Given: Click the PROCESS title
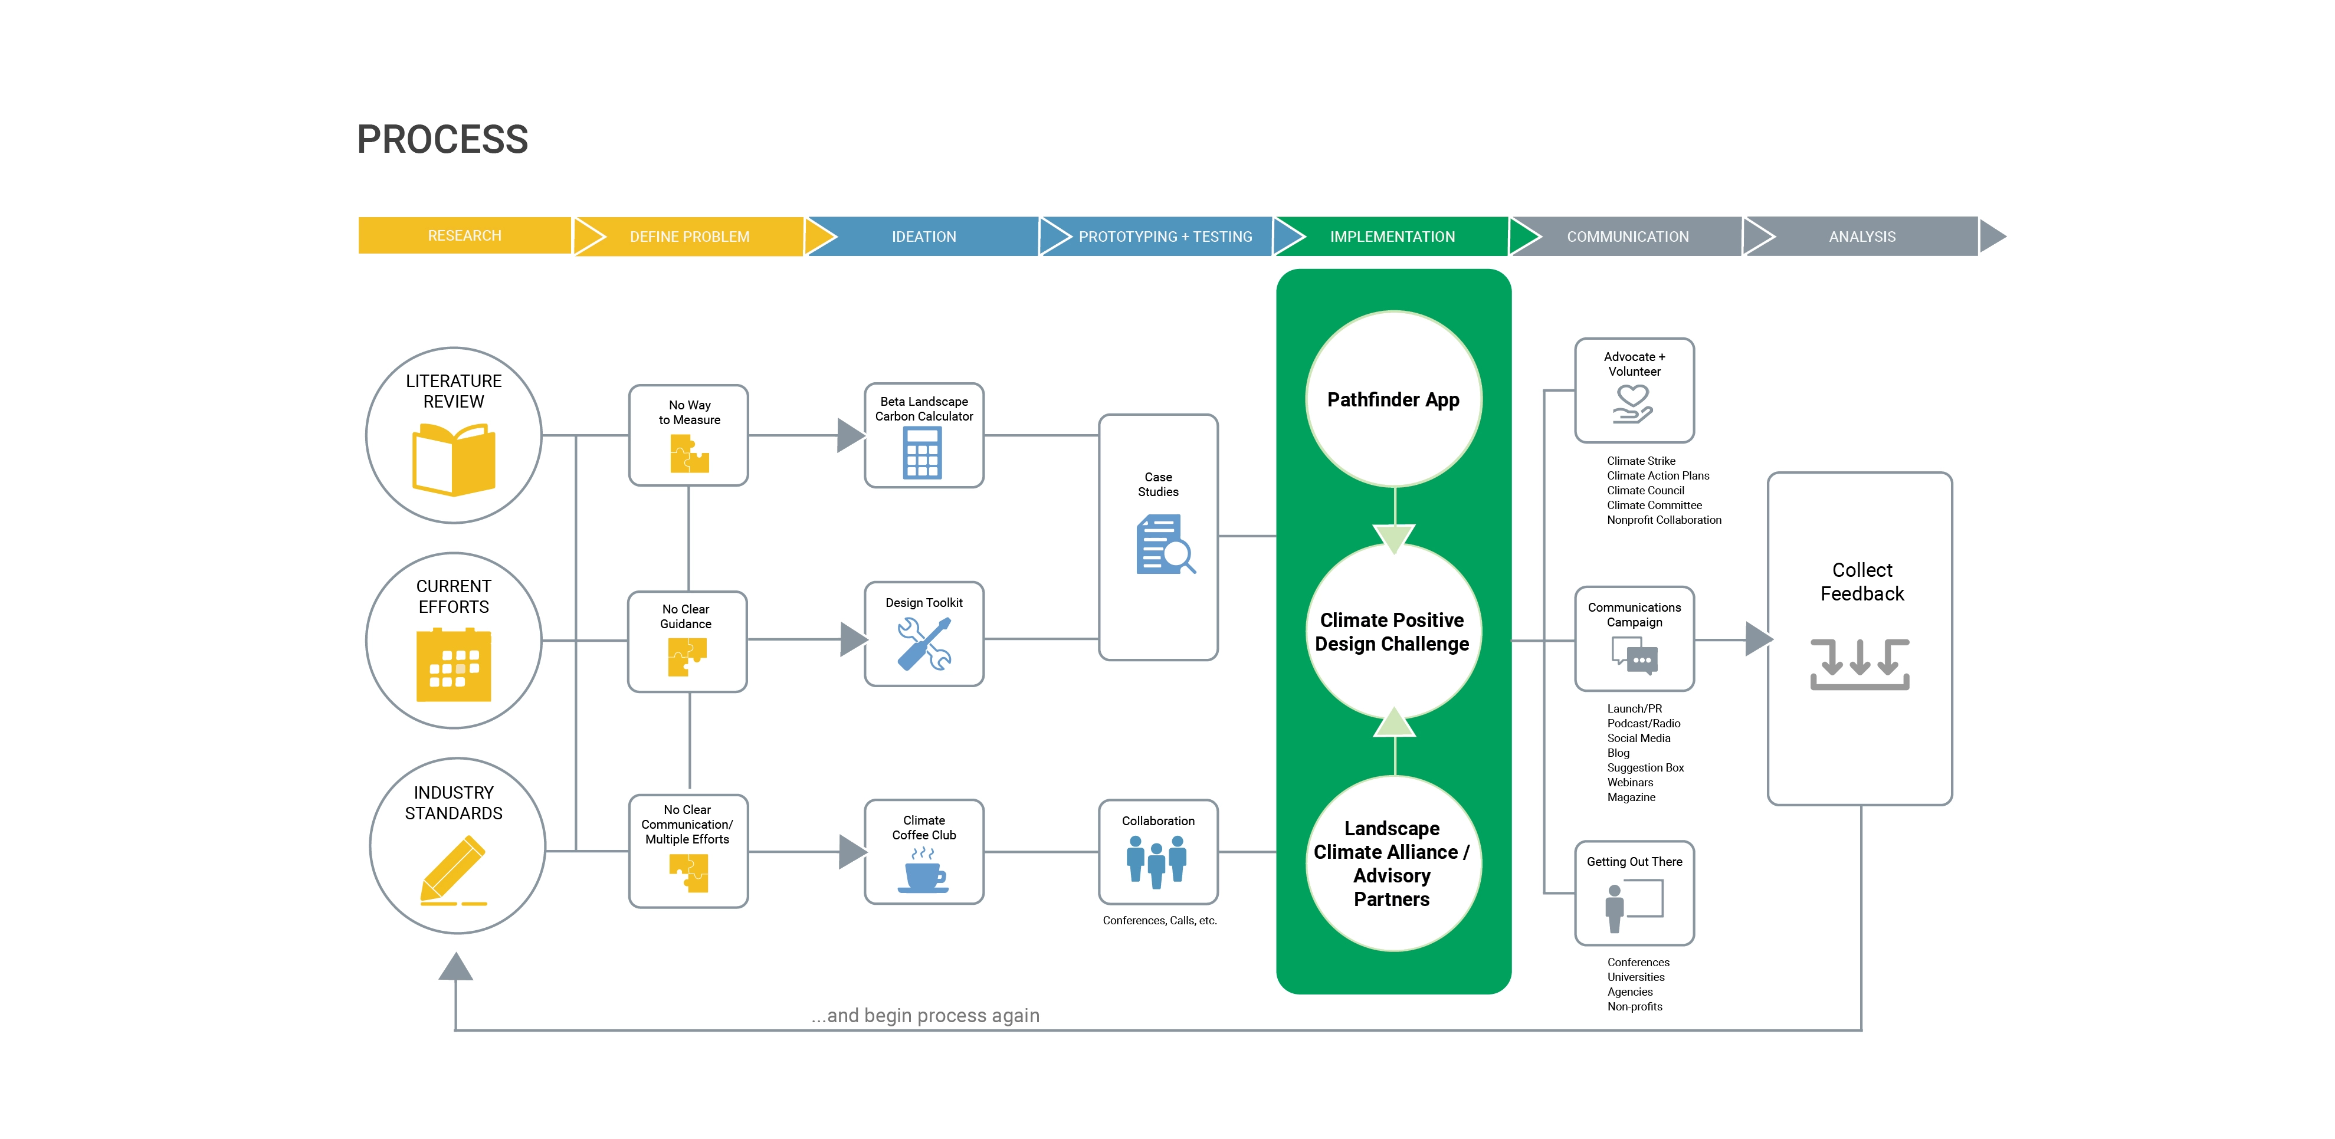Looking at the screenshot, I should pyautogui.click(x=442, y=140).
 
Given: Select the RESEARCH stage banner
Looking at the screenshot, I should pyautogui.click(x=464, y=235).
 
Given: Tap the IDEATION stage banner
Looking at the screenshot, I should pyautogui.click(x=924, y=237).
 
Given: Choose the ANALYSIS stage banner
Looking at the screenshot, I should pyautogui.click(x=1862, y=237).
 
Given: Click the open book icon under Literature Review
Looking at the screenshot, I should pyautogui.click(x=454, y=461).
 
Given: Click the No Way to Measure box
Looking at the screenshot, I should pyautogui.click(x=689, y=435).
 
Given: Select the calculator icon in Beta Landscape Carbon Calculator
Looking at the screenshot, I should pyautogui.click(x=923, y=452).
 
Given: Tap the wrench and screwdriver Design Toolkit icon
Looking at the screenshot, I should pyautogui.click(x=924, y=644).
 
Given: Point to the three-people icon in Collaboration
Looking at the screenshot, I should pyautogui.click(x=1157, y=861).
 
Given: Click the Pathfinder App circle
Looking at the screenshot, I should pyautogui.click(x=1393, y=399).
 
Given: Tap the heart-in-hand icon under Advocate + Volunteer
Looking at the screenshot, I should pyautogui.click(x=1634, y=404).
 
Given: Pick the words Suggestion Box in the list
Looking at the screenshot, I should pyautogui.click(x=1645, y=767).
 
